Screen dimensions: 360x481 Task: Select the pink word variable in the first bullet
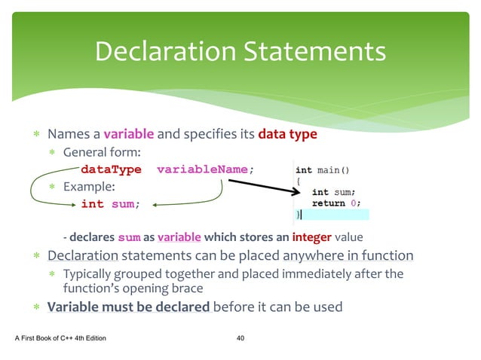(129, 135)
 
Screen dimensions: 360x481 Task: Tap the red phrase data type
(287, 135)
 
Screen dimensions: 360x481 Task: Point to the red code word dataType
(111, 169)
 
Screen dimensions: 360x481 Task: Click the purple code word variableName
(202, 169)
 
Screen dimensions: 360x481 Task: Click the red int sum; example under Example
(109, 203)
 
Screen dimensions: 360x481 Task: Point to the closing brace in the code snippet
(297, 215)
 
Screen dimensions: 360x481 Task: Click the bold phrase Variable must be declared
(128, 307)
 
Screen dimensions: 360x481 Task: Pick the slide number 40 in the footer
(240, 338)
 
